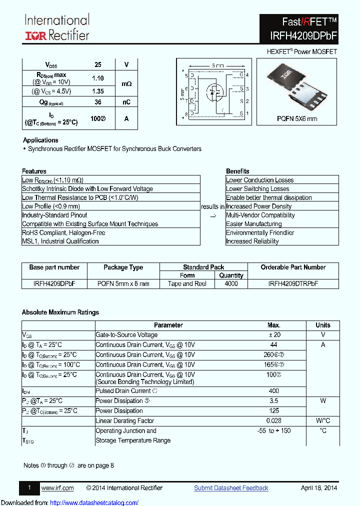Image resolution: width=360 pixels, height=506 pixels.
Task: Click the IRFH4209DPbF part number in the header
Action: point(299,35)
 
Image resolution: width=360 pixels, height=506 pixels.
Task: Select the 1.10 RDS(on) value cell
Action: point(97,78)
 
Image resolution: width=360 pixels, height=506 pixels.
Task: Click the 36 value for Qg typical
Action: point(97,102)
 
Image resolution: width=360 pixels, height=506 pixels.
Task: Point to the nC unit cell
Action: point(126,102)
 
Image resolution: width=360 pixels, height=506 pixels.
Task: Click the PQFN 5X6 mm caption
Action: point(297,118)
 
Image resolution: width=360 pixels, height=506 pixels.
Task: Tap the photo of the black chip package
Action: point(296,85)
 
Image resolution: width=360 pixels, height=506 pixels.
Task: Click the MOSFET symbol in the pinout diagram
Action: point(215,92)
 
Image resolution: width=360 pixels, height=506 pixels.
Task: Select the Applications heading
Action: point(40,140)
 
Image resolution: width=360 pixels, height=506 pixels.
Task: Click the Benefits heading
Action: point(237,171)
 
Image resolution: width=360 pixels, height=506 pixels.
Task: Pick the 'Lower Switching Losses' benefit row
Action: point(257,188)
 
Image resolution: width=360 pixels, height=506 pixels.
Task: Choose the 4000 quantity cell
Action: point(231,283)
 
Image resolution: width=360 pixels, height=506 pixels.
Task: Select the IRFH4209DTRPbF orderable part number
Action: point(293,283)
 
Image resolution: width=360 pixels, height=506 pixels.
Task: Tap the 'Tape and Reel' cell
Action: point(187,283)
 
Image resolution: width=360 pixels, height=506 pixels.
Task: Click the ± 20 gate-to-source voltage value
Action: point(273,335)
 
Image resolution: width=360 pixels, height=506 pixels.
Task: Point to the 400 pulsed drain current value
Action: point(273,391)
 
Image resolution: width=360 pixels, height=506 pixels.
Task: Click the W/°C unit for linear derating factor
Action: point(323,421)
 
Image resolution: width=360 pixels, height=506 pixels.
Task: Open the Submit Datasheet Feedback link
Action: point(231,488)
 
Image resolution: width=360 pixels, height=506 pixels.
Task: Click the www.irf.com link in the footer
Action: point(57,488)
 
